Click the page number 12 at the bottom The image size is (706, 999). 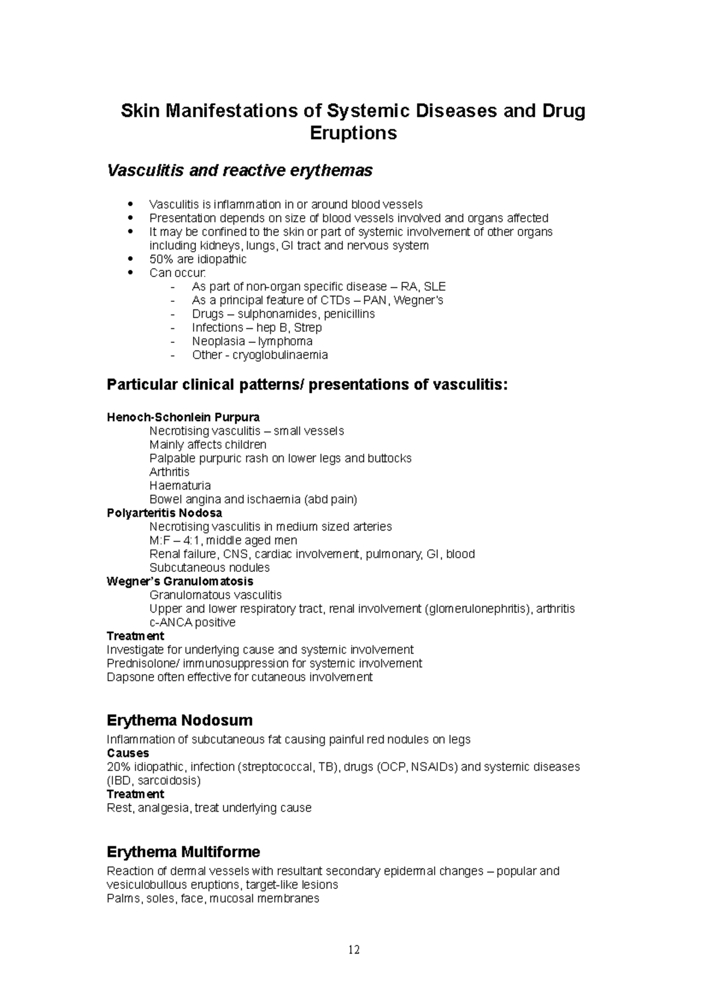354,950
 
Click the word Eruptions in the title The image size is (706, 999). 353,134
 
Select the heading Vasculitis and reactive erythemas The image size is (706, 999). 239,171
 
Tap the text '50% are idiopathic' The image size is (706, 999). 198,259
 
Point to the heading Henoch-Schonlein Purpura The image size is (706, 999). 183,418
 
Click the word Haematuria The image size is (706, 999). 180,486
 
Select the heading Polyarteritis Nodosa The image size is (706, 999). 164,513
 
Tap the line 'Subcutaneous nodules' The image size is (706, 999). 209,568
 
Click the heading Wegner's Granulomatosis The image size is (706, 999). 180,581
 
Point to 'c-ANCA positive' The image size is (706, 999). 192,622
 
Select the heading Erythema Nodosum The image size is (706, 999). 179,720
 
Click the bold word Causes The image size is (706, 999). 128,753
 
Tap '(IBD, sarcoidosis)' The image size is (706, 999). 154,781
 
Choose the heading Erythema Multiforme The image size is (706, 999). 183,852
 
